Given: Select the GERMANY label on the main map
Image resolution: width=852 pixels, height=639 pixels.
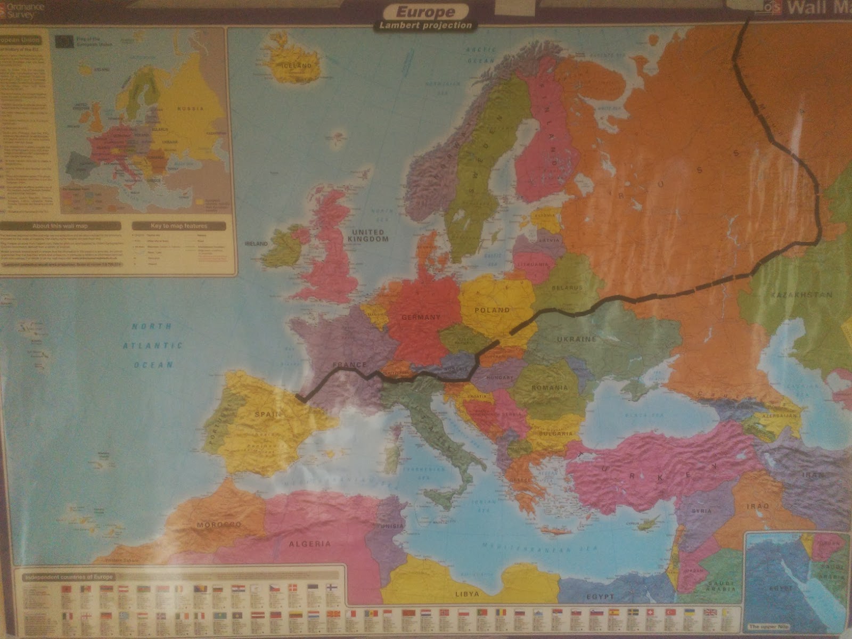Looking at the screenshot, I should (421, 317).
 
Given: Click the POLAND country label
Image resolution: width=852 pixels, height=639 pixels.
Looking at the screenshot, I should (493, 310).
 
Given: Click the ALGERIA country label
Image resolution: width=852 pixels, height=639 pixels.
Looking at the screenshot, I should (309, 544).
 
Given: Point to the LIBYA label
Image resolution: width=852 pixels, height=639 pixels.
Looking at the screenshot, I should (466, 593).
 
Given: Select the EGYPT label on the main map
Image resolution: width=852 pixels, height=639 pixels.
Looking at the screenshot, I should (601, 596).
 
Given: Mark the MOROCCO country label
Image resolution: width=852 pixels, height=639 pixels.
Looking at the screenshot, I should (219, 525).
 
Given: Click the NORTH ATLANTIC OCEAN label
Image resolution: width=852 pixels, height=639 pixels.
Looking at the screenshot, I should (153, 346).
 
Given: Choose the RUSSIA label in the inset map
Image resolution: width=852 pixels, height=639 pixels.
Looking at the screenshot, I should (191, 109).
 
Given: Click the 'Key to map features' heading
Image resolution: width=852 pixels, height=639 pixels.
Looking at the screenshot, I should (178, 226).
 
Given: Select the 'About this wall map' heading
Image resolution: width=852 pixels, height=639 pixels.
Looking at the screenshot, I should (60, 226).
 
